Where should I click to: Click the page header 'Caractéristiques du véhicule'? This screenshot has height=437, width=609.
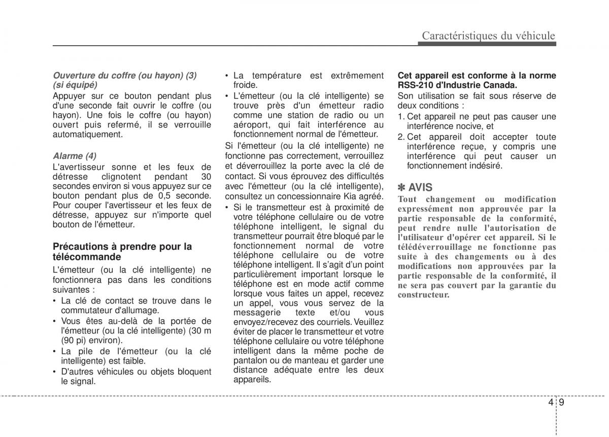[x=489, y=36]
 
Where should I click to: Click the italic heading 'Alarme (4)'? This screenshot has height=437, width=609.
[x=75, y=156]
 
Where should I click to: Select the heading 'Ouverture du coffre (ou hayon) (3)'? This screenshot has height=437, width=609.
[x=125, y=75]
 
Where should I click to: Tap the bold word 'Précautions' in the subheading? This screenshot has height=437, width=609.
[x=81, y=247]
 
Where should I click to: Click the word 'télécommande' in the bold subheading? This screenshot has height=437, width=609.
[x=87, y=257]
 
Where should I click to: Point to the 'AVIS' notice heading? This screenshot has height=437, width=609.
[x=420, y=188]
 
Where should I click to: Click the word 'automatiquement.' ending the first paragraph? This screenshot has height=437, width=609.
[x=88, y=135]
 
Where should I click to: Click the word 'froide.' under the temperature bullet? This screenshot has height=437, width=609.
[x=246, y=85]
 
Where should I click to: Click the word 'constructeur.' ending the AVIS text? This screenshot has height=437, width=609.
[x=424, y=295]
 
